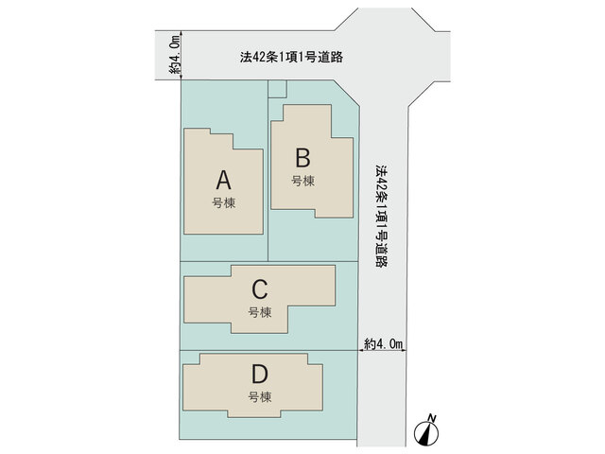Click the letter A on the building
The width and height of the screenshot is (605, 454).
point(224,180)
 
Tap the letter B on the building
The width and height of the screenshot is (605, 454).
point(302,158)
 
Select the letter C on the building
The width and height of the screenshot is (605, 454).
point(260,289)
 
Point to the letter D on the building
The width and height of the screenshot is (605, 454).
point(259,374)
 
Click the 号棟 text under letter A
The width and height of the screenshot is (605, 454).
point(224,202)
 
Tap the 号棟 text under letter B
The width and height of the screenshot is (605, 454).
point(302,181)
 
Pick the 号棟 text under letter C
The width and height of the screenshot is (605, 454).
point(260,312)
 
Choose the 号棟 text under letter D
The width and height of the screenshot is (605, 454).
point(260,396)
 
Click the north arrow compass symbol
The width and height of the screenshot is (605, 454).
point(426,432)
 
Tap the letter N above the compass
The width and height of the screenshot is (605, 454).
point(432,418)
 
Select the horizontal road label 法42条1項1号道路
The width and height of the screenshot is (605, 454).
point(291,57)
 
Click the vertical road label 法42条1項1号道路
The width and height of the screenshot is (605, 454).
point(382,217)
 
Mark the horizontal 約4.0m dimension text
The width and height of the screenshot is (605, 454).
point(383,343)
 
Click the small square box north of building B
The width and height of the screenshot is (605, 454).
point(277,89)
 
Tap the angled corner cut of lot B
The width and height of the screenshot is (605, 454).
point(347,93)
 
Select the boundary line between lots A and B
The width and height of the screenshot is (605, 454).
point(268,170)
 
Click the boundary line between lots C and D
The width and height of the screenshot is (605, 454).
point(268,351)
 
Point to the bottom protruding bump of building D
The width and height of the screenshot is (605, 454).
point(254,413)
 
